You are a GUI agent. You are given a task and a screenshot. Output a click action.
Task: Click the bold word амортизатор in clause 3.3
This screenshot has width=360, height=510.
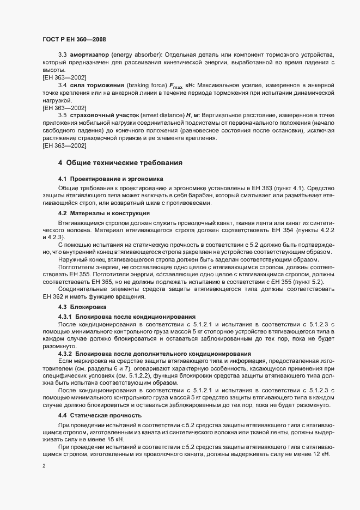88,56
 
